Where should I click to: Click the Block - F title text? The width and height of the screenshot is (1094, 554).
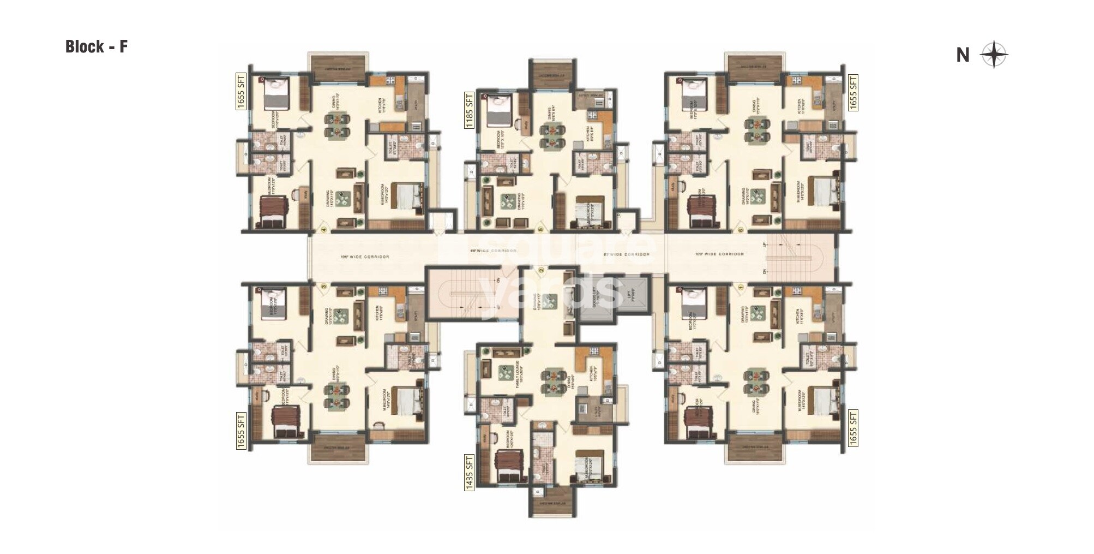97,47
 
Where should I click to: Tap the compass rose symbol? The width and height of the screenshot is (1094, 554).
994,55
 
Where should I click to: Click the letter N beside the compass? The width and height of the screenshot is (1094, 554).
963,55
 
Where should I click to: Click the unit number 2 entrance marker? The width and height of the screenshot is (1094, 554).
541,270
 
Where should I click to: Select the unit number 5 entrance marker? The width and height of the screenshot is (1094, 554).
541,230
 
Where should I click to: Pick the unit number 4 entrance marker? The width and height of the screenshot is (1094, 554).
324,230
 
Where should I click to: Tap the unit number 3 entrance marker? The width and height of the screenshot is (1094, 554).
324,285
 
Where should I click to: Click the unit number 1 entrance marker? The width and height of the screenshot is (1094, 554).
741,285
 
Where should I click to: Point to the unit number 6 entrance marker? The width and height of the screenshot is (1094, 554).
741,230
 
